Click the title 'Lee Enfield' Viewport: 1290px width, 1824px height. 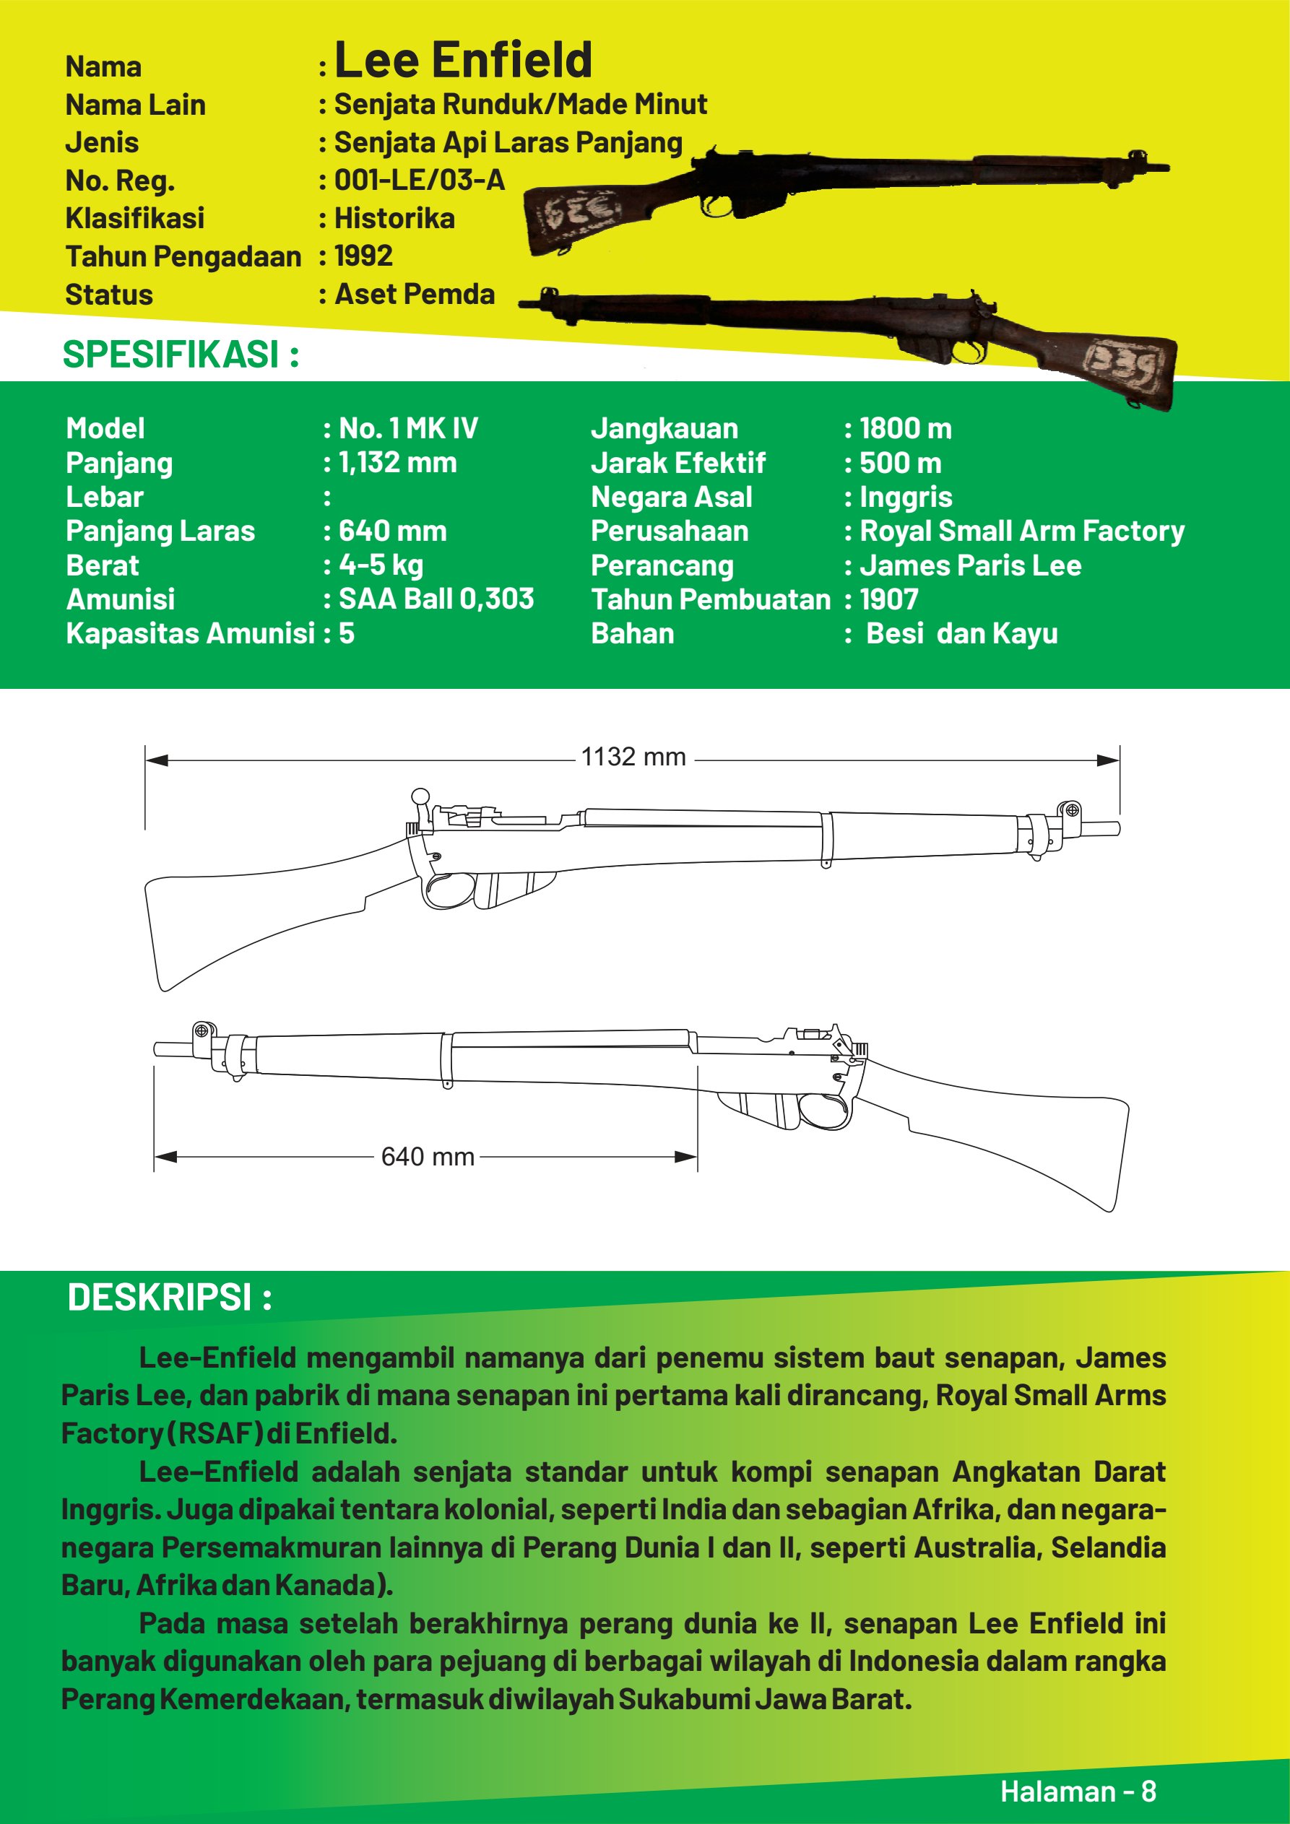pyautogui.click(x=464, y=61)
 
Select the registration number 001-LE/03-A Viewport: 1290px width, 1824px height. pyautogui.click(x=419, y=181)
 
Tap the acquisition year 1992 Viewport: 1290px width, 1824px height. pyautogui.click(x=363, y=256)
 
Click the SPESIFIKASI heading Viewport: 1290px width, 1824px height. pyautogui.click(x=181, y=355)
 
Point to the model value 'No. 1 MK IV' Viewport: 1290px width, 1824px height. pyautogui.click(x=408, y=428)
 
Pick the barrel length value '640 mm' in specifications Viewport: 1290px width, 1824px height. pyautogui.click(x=393, y=531)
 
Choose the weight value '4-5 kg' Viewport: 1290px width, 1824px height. pyautogui.click(x=381, y=565)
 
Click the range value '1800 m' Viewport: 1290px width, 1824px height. pyautogui.click(x=905, y=428)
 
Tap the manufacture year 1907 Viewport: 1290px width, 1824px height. pyautogui.click(x=888, y=599)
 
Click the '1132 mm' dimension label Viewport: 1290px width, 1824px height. pyautogui.click(x=633, y=757)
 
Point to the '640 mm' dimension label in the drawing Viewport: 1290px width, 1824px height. pyautogui.click(x=428, y=1157)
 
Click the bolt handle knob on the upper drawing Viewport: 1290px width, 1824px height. pyautogui.click(x=420, y=796)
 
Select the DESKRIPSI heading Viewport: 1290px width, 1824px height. pyautogui.click(x=169, y=1298)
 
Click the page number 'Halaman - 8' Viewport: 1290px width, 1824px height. pyautogui.click(x=1078, y=1792)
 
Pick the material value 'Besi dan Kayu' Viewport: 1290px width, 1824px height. pyautogui.click(x=961, y=633)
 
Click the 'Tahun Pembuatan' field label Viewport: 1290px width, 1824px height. pyautogui.click(x=711, y=599)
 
